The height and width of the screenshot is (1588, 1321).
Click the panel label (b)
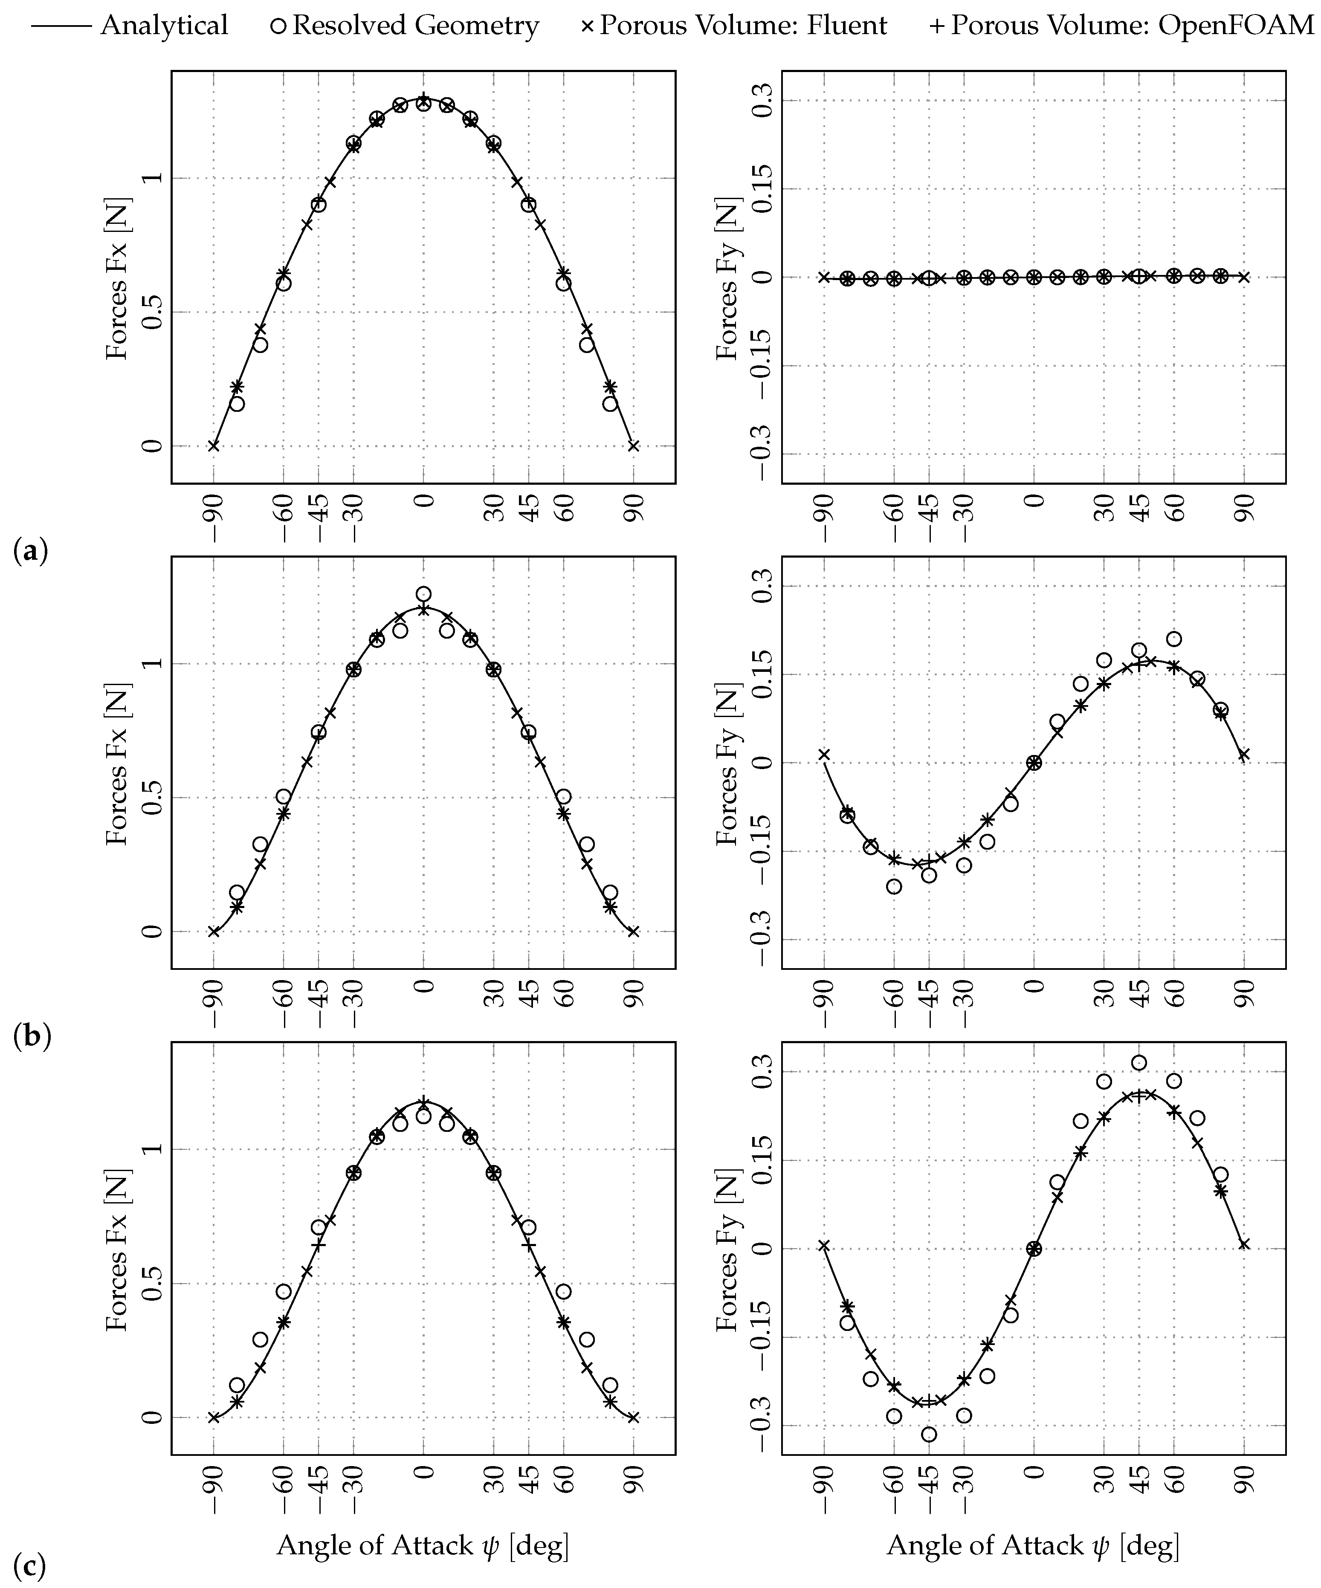tap(32, 1036)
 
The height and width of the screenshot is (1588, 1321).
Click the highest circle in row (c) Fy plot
tap(1139, 1063)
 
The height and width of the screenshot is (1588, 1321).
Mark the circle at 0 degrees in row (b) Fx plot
tap(423, 593)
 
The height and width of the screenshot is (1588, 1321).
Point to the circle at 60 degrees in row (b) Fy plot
tap(1173, 638)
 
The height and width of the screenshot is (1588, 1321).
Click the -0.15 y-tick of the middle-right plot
tap(764, 851)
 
